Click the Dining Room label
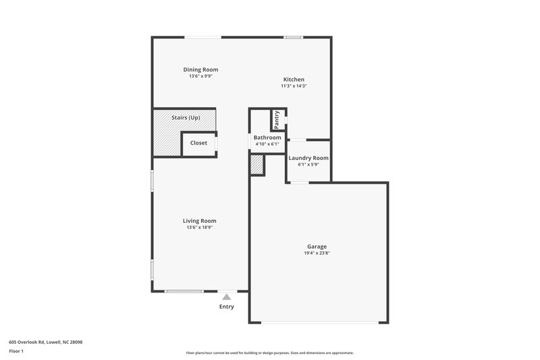point(200,70)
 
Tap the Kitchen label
point(294,80)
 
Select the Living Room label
point(200,221)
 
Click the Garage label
point(317,247)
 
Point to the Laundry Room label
point(308,158)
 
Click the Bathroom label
point(267,138)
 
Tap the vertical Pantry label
point(277,120)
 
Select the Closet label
point(198,143)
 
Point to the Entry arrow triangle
point(227,297)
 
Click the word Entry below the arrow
point(226,307)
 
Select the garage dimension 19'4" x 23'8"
point(317,253)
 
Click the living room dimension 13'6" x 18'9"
point(200,228)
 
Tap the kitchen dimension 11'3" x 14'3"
point(294,86)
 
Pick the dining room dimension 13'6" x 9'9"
point(200,76)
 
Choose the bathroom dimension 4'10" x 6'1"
point(267,145)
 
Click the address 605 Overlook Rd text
point(46,342)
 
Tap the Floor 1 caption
point(16,352)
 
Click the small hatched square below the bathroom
point(257,165)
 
